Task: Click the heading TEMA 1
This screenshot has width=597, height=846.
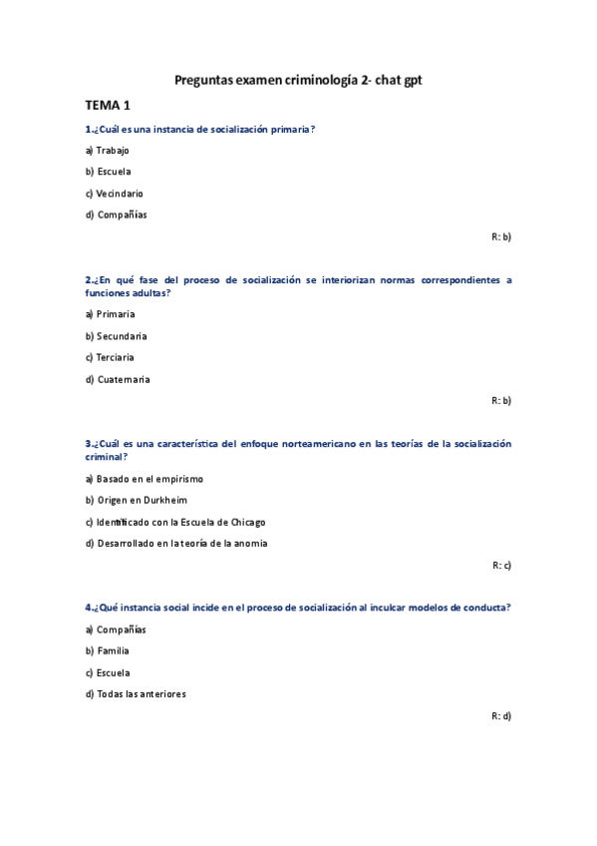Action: pos(108,105)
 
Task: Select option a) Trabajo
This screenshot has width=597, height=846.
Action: pos(108,151)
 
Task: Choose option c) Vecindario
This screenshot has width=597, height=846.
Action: pos(114,194)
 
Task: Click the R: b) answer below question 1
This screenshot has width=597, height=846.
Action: pos(501,236)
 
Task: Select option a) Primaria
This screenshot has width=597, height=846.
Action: pos(110,314)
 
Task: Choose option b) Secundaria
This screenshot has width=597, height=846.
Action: pos(116,336)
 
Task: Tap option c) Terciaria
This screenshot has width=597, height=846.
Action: pos(110,357)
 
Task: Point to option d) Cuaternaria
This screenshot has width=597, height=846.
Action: pos(118,379)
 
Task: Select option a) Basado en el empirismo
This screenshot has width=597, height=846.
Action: pos(144,479)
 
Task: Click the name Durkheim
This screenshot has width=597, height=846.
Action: pos(163,500)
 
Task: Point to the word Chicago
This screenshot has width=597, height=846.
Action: pos(248,522)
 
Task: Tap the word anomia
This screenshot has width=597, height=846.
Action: pos(251,544)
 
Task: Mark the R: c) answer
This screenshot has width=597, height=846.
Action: pos(501,565)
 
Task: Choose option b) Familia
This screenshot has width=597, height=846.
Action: pos(108,651)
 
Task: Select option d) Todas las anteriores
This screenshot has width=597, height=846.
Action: pos(136,694)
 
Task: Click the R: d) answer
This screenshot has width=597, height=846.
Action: pos(501,716)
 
